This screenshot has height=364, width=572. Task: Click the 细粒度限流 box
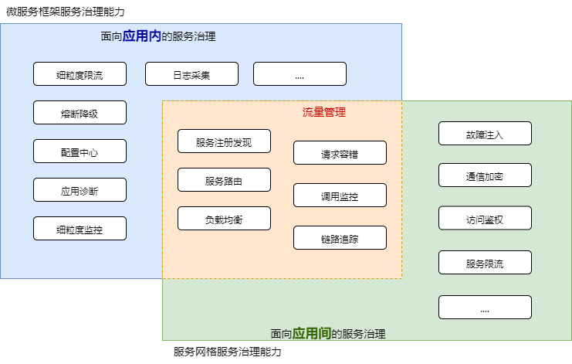(80, 74)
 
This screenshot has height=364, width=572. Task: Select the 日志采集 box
(191, 74)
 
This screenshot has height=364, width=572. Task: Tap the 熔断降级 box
(80, 113)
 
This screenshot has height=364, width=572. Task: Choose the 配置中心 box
(80, 151)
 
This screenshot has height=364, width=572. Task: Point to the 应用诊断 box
(80, 190)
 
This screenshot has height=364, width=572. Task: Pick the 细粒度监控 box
(80, 229)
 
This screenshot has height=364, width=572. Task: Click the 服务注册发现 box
(224, 141)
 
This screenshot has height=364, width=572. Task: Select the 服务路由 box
(224, 180)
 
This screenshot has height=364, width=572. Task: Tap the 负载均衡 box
(224, 219)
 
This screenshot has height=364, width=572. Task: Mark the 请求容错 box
(340, 153)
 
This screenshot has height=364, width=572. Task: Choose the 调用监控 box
(340, 196)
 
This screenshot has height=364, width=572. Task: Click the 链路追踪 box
(340, 238)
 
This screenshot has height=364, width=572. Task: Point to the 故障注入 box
(485, 134)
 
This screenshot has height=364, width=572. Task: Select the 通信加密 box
(485, 175)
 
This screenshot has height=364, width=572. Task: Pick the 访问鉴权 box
(485, 219)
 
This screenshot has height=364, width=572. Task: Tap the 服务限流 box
(485, 263)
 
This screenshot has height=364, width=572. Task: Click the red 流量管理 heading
(323, 113)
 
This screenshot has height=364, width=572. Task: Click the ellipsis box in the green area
(485, 308)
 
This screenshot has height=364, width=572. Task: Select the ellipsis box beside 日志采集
(300, 74)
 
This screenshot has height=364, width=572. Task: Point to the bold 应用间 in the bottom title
(312, 334)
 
